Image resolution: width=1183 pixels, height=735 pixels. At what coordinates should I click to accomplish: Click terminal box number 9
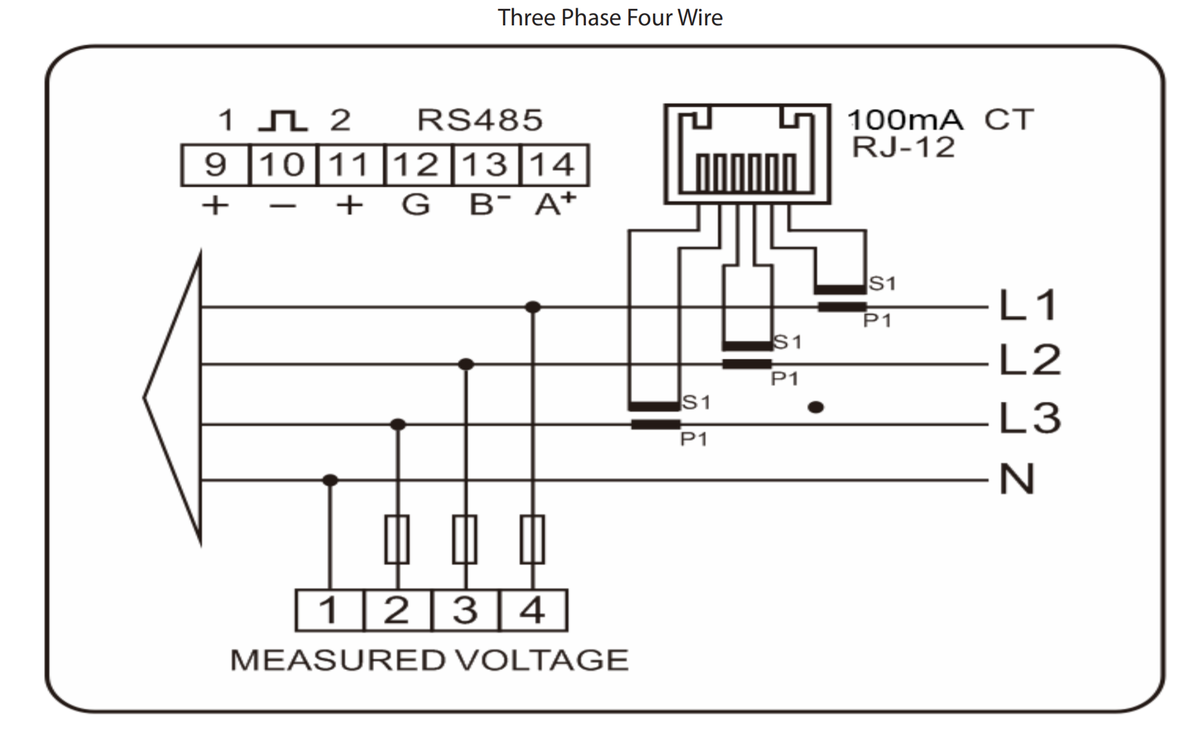[215, 165]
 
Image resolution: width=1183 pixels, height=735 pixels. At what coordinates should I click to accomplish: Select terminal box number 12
[417, 165]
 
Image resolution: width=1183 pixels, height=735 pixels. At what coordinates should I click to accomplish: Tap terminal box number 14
[554, 165]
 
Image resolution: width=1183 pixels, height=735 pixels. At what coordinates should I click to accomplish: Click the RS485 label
[480, 120]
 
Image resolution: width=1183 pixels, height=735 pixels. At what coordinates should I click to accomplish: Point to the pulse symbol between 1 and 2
[283, 120]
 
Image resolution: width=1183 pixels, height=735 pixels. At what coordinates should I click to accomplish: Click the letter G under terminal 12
[416, 205]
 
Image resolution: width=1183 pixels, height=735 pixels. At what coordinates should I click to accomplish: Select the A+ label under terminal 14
[555, 204]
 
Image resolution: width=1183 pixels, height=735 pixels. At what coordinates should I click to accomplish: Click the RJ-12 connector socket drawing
[747, 154]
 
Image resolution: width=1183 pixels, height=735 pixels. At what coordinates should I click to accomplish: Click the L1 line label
[1028, 306]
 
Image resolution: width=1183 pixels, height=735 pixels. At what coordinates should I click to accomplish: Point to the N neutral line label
[1017, 479]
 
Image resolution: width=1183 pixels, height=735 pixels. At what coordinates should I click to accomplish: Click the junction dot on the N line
[330, 481]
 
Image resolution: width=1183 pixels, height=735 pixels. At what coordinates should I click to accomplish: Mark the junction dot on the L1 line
[532, 307]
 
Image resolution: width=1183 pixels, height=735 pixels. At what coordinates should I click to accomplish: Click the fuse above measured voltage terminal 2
[397, 539]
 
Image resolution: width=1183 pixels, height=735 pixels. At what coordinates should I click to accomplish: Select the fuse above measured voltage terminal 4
[532, 539]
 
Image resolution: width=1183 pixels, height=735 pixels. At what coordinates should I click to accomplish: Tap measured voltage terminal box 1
[330, 610]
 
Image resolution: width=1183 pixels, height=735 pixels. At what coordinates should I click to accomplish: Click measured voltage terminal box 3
[465, 610]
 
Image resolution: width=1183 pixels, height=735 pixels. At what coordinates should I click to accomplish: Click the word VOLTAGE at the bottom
[542, 660]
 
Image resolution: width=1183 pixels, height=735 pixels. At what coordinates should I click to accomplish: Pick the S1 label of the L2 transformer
[787, 342]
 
